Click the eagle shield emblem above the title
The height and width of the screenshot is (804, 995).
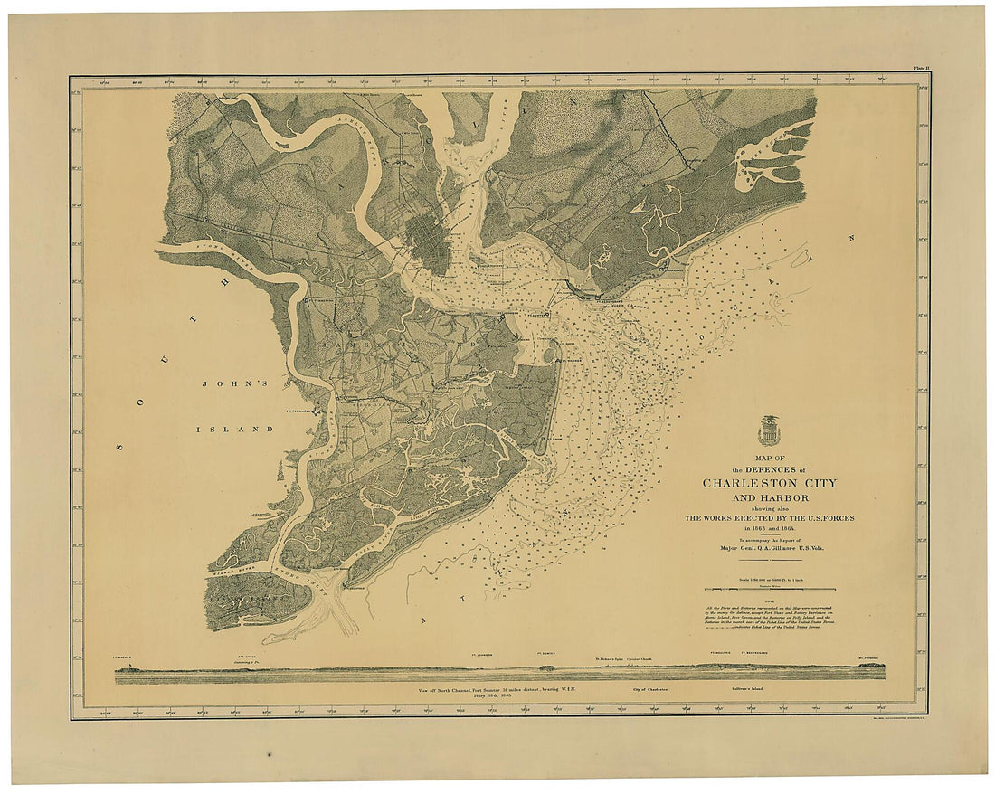pos(770,430)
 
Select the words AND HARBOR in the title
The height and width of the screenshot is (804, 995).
pos(770,498)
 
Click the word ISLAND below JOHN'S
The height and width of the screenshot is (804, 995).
pos(235,429)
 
